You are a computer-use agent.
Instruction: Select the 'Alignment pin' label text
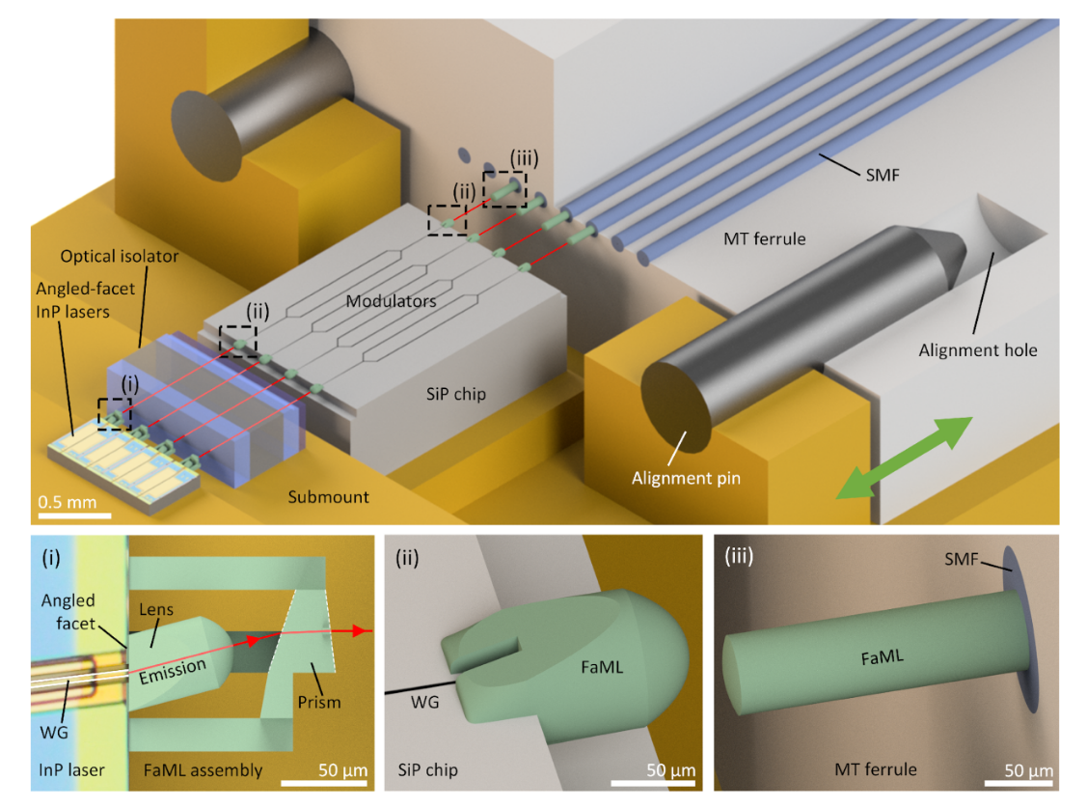pyautogui.click(x=686, y=477)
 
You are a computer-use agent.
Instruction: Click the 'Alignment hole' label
pyautogui.click(x=977, y=349)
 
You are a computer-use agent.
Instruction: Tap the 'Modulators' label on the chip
pyautogui.click(x=392, y=301)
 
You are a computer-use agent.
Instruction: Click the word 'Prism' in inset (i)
pyautogui.click(x=318, y=701)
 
